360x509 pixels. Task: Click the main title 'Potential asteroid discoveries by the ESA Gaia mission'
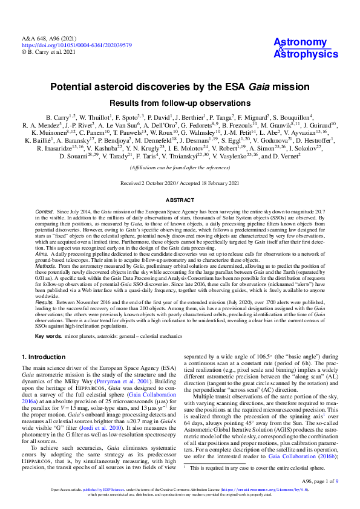[x=180, y=87]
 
